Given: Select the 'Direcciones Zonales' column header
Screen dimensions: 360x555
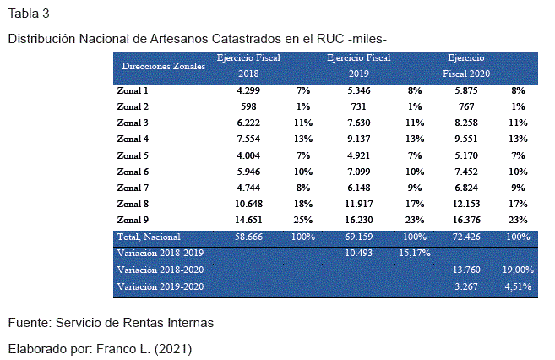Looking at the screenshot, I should [164, 66].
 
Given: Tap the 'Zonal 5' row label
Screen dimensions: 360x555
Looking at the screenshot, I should [133, 155].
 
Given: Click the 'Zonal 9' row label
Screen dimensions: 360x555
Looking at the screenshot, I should [133, 220].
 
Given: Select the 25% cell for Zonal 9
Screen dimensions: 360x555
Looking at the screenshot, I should [303, 220].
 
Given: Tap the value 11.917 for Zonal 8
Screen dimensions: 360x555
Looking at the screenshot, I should [360, 204].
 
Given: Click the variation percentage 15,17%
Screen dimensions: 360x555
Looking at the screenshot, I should [414, 253].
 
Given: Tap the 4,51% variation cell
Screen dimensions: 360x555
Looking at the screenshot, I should [518, 286].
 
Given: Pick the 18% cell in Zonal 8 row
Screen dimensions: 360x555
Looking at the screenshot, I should [303, 204].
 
